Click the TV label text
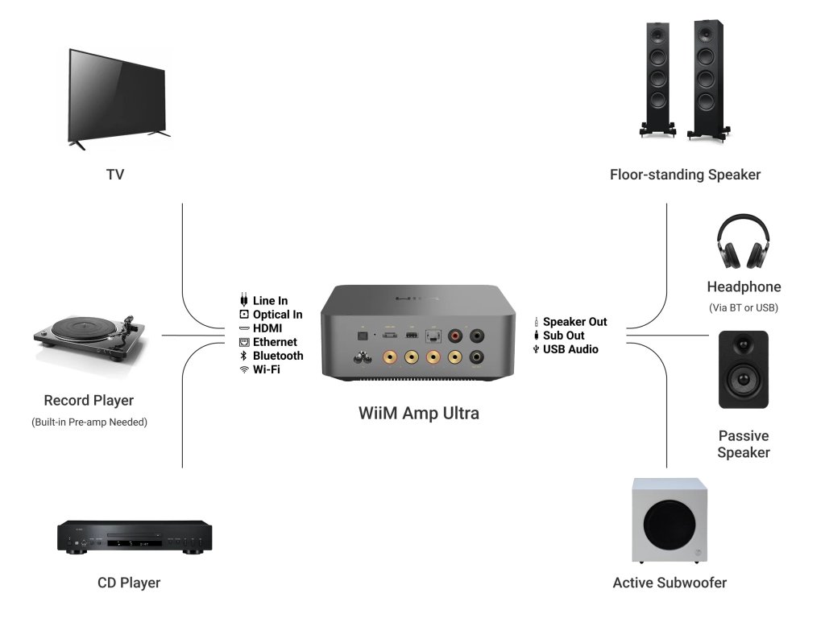[115, 174]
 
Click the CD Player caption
[129, 583]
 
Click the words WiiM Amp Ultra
[418, 414]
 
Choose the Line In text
[270, 301]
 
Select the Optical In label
[277, 315]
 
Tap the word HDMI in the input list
[267, 328]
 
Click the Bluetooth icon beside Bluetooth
[244, 356]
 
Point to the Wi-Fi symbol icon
[244, 369]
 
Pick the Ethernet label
[275, 342]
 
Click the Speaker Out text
[574, 322]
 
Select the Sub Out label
[563, 336]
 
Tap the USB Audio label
[570, 349]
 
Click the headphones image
[744, 241]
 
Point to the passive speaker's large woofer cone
[743, 379]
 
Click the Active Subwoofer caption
[670, 583]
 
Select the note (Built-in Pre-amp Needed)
[89, 422]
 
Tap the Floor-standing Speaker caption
[685, 174]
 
